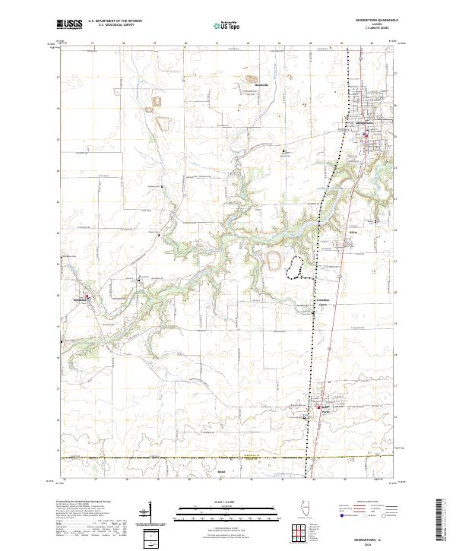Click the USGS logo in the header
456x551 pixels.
(x=69, y=25)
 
